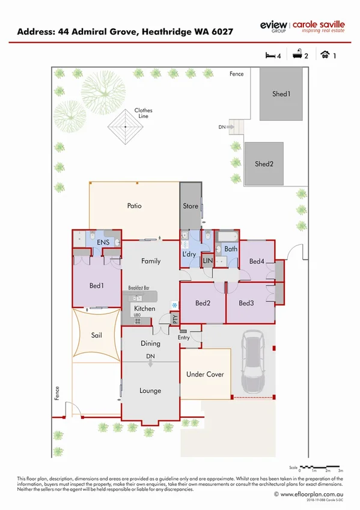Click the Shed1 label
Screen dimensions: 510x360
pos(281,94)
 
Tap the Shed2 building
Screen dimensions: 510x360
pos(264,163)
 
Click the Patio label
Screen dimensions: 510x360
pos(134,206)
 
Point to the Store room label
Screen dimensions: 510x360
pos(191,206)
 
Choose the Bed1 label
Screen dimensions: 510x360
pos(96,285)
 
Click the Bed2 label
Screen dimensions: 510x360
pos(202,303)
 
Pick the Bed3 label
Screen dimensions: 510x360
pos(246,303)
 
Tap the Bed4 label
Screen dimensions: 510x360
pos(257,261)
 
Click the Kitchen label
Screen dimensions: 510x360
pos(144,309)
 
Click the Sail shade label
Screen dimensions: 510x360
pos(96,335)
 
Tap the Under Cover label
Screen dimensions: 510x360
pos(205,374)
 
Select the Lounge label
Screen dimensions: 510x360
pos(150,390)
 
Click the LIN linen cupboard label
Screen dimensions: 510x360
pos(208,261)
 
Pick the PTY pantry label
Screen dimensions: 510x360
pos(175,320)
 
